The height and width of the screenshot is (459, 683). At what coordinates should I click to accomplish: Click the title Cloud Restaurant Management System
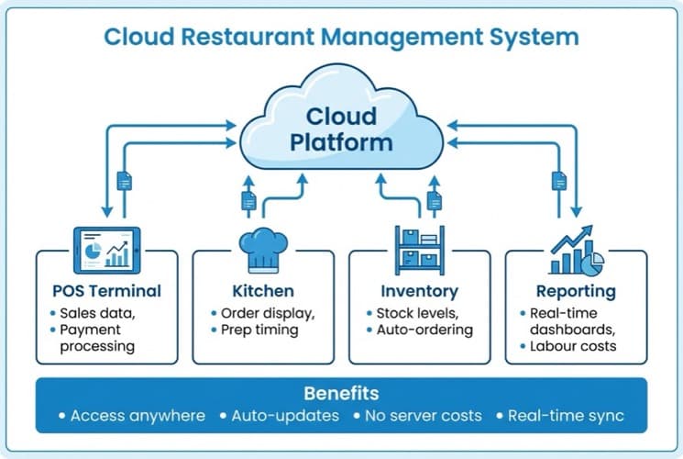pos(341,38)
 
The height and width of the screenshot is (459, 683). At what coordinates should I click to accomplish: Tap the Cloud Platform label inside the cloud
pos(341,129)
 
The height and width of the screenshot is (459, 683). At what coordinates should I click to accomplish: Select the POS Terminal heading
pos(106,291)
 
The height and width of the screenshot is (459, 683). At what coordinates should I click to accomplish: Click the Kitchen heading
pos(263,291)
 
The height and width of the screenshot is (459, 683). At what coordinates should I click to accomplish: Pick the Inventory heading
pos(419,291)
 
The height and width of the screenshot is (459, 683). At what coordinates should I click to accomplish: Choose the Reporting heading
pos(577,291)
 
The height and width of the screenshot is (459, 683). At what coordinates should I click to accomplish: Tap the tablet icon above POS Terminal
pos(105,249)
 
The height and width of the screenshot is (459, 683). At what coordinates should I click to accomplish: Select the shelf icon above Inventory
pos(419,249)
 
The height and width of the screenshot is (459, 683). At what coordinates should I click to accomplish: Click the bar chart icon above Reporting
pos(575,251)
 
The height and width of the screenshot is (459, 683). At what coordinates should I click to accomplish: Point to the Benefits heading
pos(341,394)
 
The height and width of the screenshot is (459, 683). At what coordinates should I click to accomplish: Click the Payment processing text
pos(97,338)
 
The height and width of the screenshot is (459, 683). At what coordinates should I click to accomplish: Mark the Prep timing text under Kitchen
pos(259,330)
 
